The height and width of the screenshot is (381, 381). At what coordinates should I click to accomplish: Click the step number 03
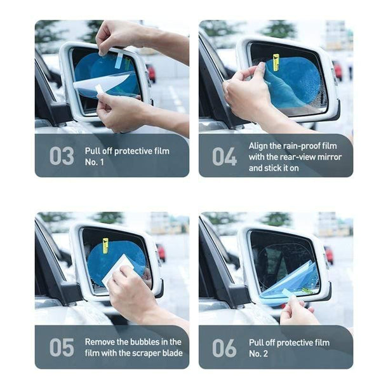pos(62,156)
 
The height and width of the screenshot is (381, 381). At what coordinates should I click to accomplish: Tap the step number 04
pos(224,156)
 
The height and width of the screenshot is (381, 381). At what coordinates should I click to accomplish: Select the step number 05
pos(62,347)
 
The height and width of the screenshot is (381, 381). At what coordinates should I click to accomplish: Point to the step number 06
pos(224,347)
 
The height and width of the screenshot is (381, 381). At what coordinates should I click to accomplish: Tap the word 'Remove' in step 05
pos(100,342)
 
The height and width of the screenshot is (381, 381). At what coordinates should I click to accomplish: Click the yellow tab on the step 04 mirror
pos(276,62)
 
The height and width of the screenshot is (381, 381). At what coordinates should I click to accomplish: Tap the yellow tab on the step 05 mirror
pos(105,245)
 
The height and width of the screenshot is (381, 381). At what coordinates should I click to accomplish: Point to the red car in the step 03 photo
pos(151,73)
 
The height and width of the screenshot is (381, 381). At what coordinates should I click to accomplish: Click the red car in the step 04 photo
pos(338,70)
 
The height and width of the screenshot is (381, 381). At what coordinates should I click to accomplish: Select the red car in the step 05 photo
pos(161,253)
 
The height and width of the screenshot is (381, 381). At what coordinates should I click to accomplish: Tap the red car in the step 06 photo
pos(329,255)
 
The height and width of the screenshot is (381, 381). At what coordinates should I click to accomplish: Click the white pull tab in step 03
pos(119,60)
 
